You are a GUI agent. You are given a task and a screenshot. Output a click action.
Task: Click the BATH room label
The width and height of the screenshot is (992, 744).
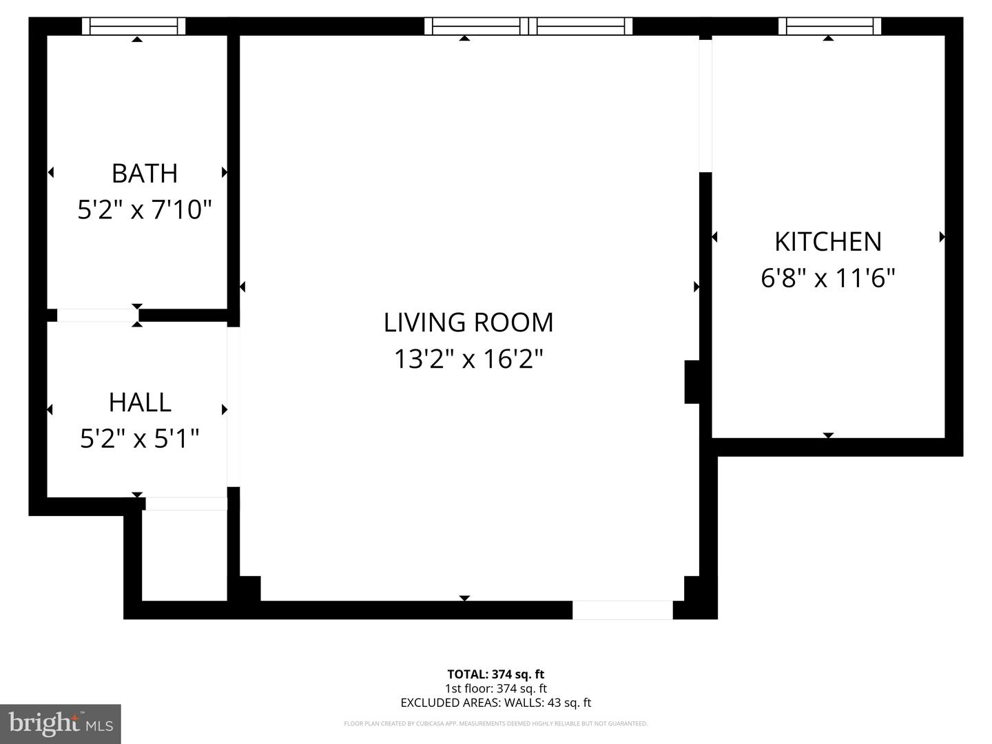(145, 173)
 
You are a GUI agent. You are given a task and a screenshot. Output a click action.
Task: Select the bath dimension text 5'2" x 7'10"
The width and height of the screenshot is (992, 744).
(144, 209)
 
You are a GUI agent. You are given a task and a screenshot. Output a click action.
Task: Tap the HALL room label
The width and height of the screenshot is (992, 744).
(140, 402)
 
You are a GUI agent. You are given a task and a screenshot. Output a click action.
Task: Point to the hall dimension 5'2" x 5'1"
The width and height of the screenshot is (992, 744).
(140, 438)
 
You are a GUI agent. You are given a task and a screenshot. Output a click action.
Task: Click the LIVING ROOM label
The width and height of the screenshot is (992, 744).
(468, 322)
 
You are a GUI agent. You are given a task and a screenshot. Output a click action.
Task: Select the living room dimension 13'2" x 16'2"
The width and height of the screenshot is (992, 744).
(468, 359)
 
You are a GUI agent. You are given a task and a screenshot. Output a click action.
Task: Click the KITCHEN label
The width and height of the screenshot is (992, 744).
(828, 242)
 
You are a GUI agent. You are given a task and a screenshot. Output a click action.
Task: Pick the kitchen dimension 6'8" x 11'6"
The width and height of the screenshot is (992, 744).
(828, 278)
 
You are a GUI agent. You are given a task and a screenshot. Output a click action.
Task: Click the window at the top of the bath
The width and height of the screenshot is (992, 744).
(134, 26)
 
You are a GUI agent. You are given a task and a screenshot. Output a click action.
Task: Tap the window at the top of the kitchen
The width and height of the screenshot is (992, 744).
(829, 26)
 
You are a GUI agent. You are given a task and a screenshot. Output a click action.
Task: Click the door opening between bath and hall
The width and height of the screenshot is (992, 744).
(97, 316)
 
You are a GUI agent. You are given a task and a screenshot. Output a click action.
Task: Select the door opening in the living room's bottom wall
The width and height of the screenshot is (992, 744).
(622, 610)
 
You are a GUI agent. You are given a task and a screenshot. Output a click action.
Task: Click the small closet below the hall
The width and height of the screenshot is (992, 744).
(184, 555)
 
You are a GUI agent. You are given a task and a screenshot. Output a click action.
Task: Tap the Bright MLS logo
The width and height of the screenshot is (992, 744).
(61, 724)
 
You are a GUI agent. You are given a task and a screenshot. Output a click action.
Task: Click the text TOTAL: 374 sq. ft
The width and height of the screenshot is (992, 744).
(495, 674)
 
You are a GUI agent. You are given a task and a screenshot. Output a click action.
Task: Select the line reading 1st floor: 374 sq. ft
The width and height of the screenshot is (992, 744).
(495, 688)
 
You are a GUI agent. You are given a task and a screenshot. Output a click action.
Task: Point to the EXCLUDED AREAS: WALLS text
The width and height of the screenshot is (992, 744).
(495, 703)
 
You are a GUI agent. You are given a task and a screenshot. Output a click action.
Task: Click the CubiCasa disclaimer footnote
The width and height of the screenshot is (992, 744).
(495, 723)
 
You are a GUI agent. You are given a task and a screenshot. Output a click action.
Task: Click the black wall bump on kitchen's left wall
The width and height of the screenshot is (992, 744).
(692, 382)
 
